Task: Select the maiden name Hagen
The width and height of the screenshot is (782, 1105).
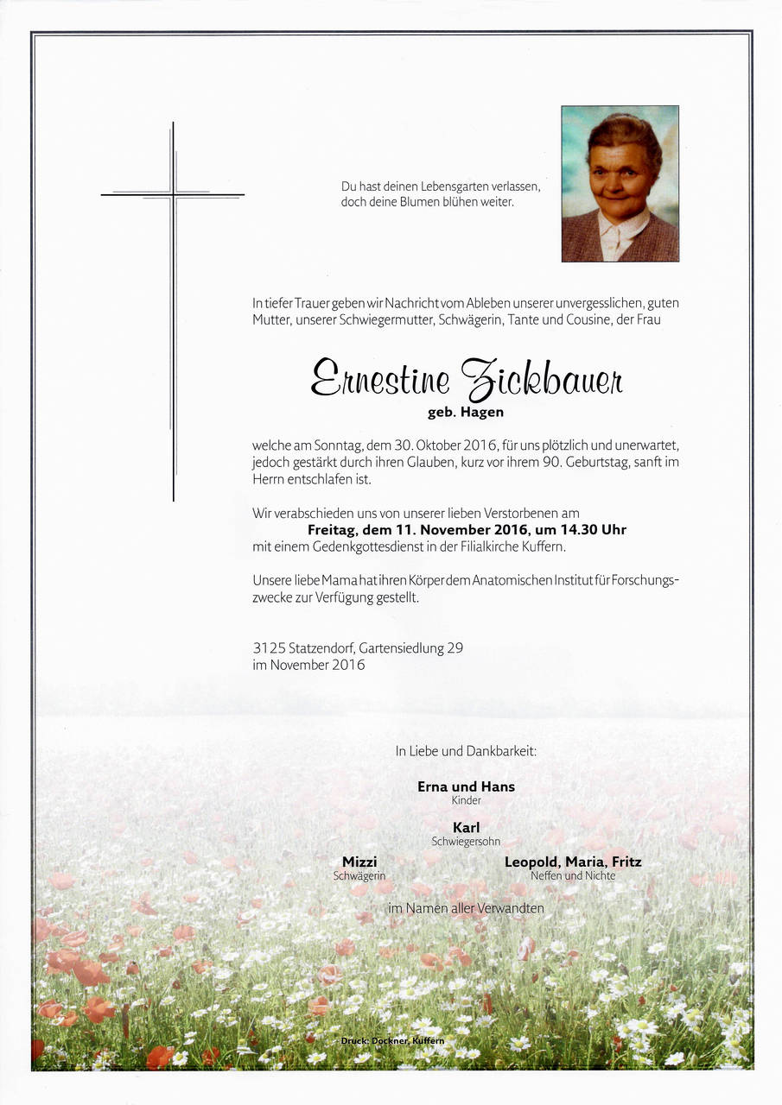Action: tap(483, 413)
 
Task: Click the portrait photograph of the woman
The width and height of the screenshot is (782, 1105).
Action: tap(620, 184)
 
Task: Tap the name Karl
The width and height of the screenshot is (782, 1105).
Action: tap(466, 828)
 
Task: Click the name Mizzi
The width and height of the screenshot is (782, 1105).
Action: tap(359, 862)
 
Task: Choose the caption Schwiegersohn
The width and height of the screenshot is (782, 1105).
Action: tap(466, 842)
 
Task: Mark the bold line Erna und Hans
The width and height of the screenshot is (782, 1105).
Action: tap(466, 786)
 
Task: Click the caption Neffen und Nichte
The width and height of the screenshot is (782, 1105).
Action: tap(573, 876)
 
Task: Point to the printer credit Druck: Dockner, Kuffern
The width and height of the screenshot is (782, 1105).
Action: tap(392, 1041)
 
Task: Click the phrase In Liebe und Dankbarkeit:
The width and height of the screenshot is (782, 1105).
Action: tap(466, 751)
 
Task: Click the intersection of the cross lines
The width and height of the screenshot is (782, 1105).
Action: tap(173, 195)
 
